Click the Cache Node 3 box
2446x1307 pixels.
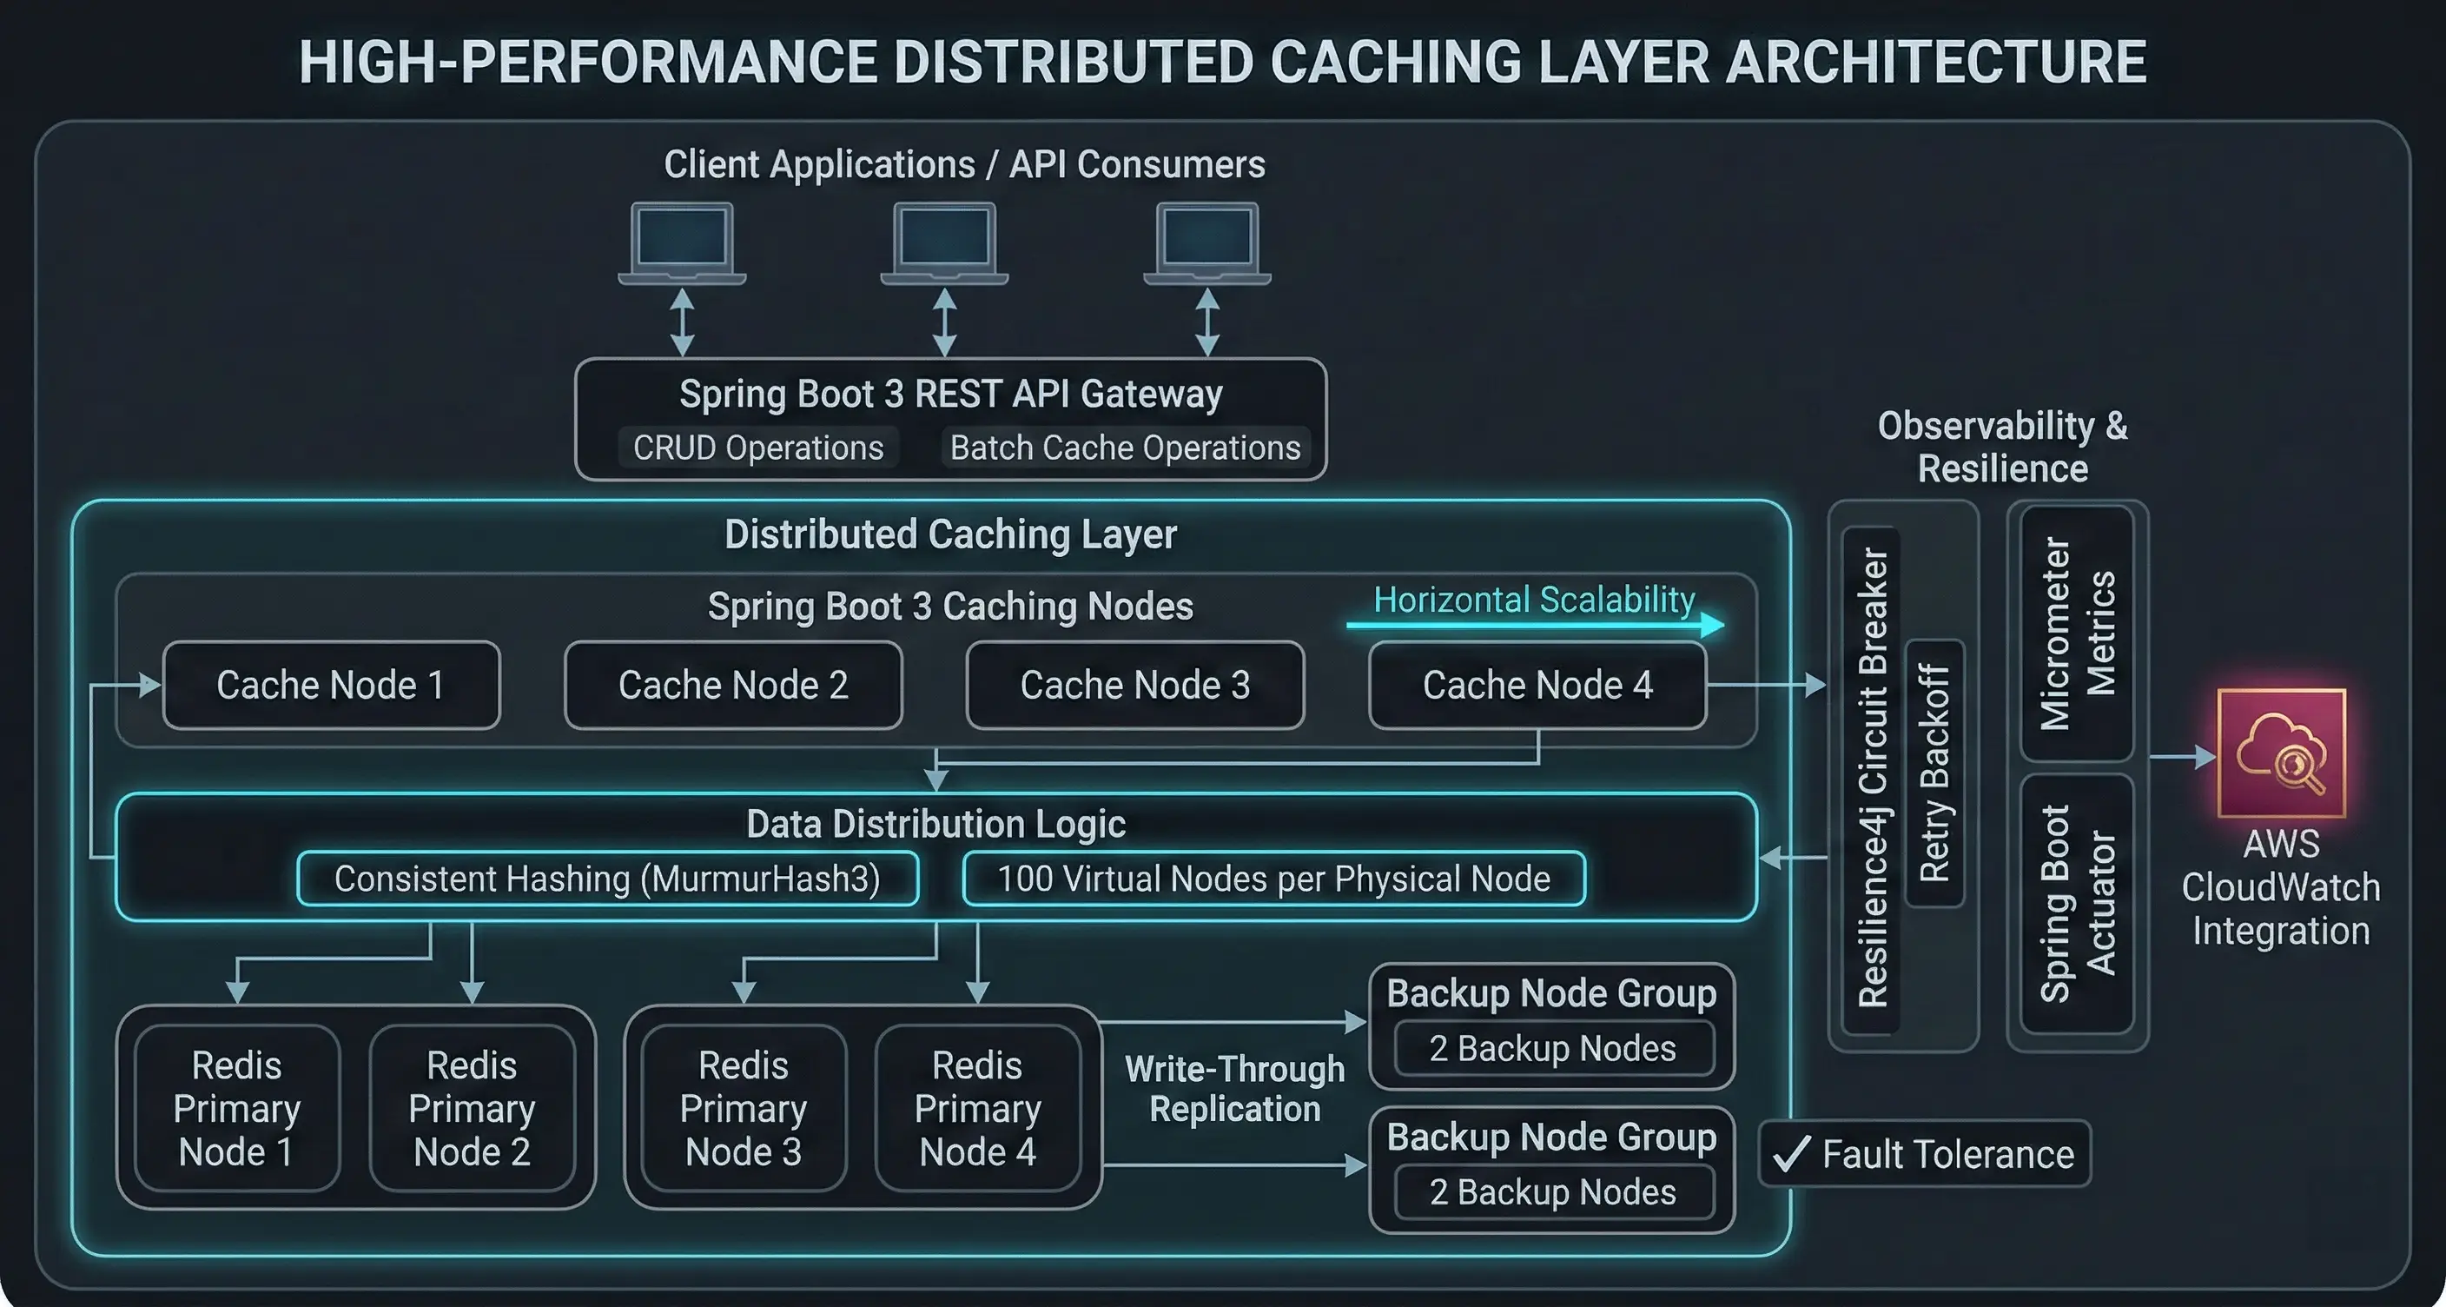point(1134,685)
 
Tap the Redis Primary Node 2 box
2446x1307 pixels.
point(472,1107)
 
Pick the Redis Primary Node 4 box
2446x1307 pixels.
point(977,1107)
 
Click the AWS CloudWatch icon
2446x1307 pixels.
point(2281,753)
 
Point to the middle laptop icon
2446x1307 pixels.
point(944,243)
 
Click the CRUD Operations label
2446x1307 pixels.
point(757,448)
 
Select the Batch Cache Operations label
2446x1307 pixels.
point(1125,448)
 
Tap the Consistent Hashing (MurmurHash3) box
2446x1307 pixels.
point(608,879)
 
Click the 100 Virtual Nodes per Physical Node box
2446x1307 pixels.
point(1273,879)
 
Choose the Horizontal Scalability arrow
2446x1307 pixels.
point(1533,625)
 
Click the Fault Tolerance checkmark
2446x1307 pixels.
point(1792,1154)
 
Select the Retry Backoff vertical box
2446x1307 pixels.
point(1934,773)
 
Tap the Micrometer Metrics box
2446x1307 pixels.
point(2078,634)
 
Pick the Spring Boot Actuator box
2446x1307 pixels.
point(2078,903)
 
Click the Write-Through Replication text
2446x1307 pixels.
point(1234,1089)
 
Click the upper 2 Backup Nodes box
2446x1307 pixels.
point(1553,1049)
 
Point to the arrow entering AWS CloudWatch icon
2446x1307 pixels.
point(2183,757)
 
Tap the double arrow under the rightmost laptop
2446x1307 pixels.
point(1206,322)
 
